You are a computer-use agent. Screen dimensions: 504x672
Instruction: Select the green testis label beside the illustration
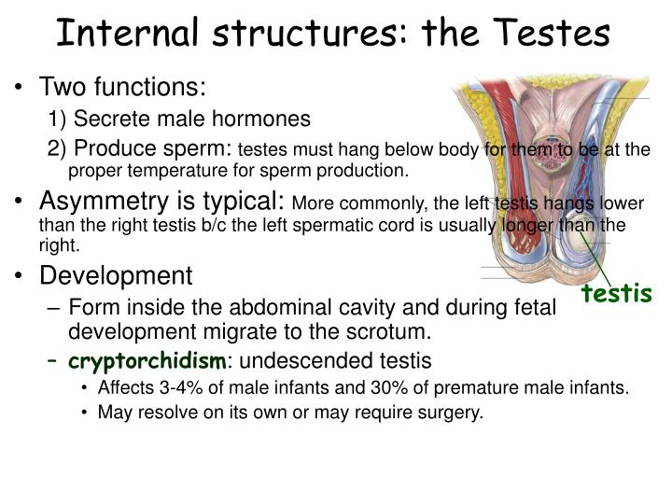616,295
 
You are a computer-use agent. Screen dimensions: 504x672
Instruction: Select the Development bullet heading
116,276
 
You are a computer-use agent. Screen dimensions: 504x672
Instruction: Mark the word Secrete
105,119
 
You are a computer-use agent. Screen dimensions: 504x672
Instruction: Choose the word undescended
316,360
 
